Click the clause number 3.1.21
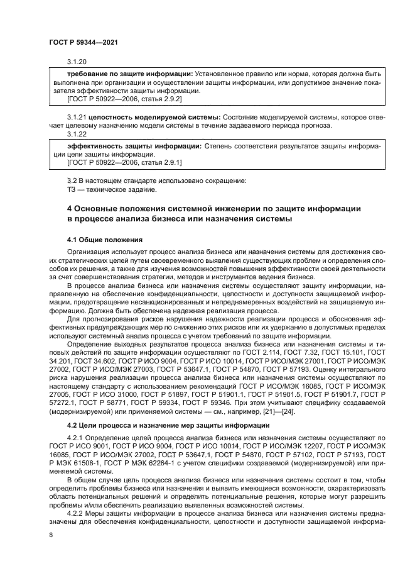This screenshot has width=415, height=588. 77,117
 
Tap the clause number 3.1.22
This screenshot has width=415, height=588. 76,133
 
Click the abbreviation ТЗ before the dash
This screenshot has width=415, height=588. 71,190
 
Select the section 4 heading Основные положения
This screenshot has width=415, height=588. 213,208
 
